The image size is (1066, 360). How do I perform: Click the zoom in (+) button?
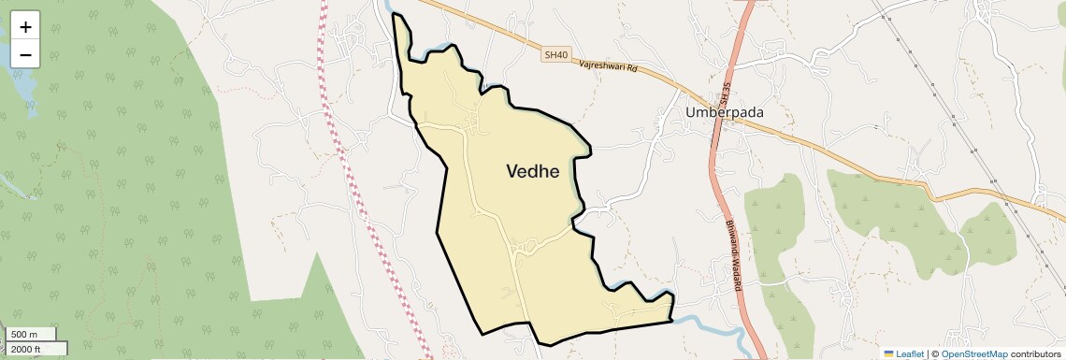25,26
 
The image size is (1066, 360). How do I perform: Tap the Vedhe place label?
532,171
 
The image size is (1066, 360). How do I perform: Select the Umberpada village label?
725,112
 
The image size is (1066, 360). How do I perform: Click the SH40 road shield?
555,55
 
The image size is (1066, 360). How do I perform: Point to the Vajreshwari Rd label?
608,67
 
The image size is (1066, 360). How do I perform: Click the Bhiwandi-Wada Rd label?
733,258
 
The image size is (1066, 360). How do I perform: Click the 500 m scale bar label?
24,334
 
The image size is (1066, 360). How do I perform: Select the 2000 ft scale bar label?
26,349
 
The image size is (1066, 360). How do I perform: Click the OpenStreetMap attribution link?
973,353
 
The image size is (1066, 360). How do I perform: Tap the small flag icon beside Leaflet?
888,353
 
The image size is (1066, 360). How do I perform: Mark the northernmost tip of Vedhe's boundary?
395,14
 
